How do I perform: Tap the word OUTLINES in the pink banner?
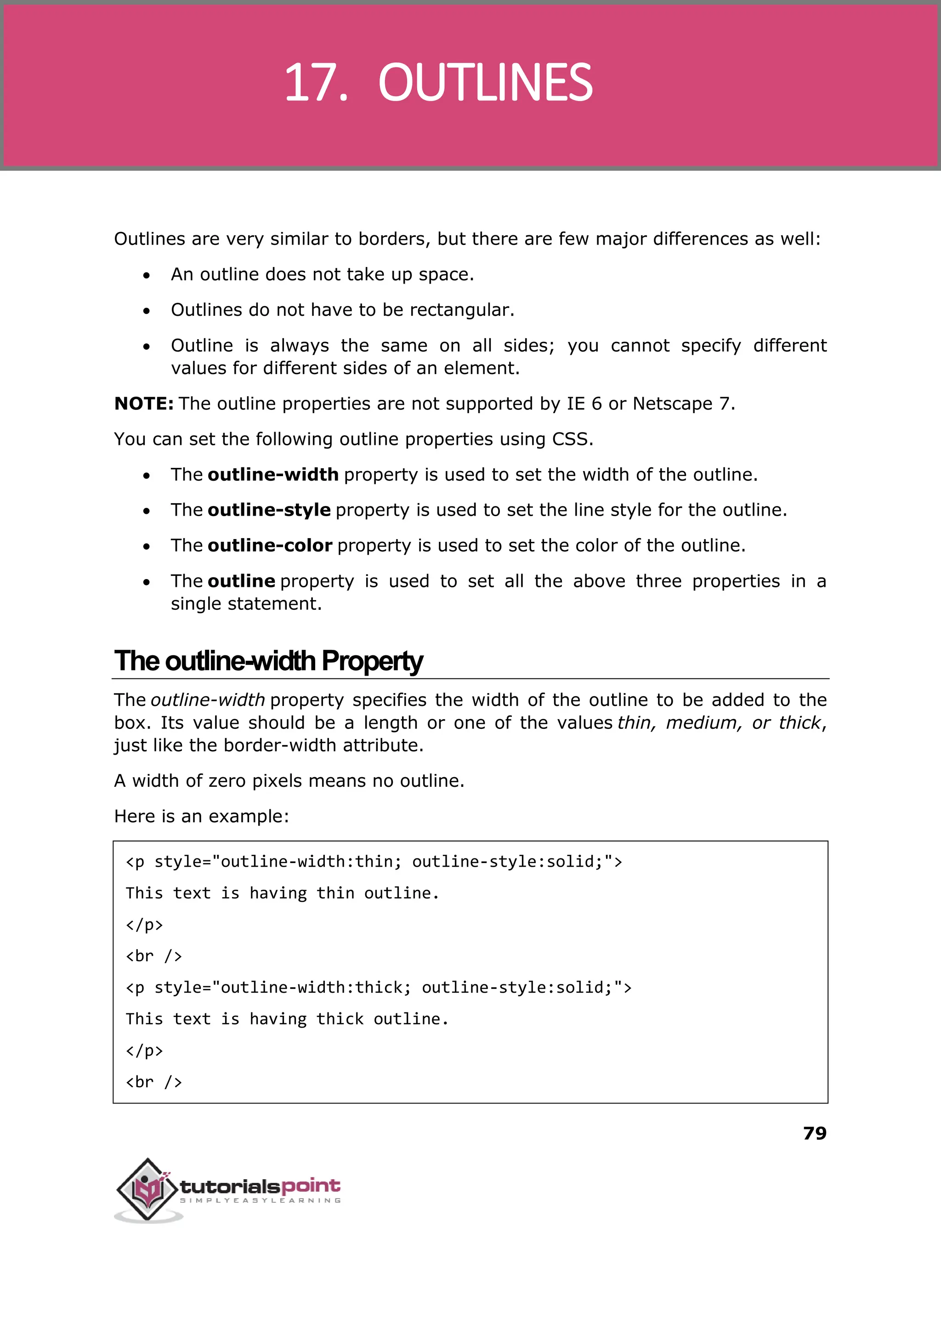(485, 83)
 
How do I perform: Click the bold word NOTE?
(144, 404)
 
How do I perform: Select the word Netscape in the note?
(672, 404)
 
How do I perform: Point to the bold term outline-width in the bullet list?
(273, 475)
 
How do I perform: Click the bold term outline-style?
(269, 510)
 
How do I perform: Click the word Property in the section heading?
(372, 661)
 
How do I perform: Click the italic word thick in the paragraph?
(799, 722)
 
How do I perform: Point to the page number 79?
(815, 1133)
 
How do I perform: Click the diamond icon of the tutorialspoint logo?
(148, 1188)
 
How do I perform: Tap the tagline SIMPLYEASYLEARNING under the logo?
(260, 1200)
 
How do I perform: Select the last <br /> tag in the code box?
(153, 1082)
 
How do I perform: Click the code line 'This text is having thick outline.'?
(287, 1019)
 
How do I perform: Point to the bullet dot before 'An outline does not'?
(147, 275)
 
